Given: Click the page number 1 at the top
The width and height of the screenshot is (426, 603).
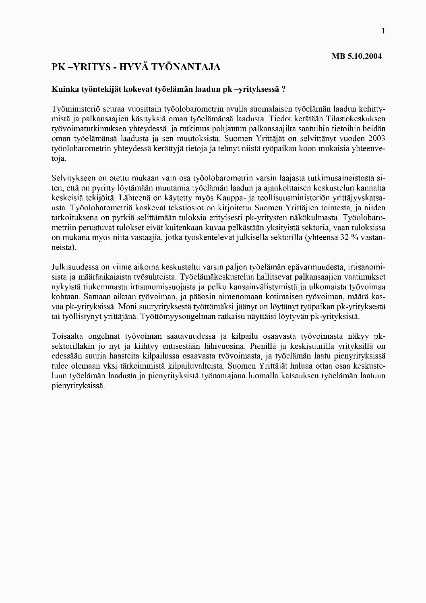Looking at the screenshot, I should coord(383,31).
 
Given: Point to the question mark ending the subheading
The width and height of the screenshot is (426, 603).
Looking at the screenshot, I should coord(283,89).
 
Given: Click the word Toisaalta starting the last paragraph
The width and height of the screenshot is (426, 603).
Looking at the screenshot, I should coord(67,336).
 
